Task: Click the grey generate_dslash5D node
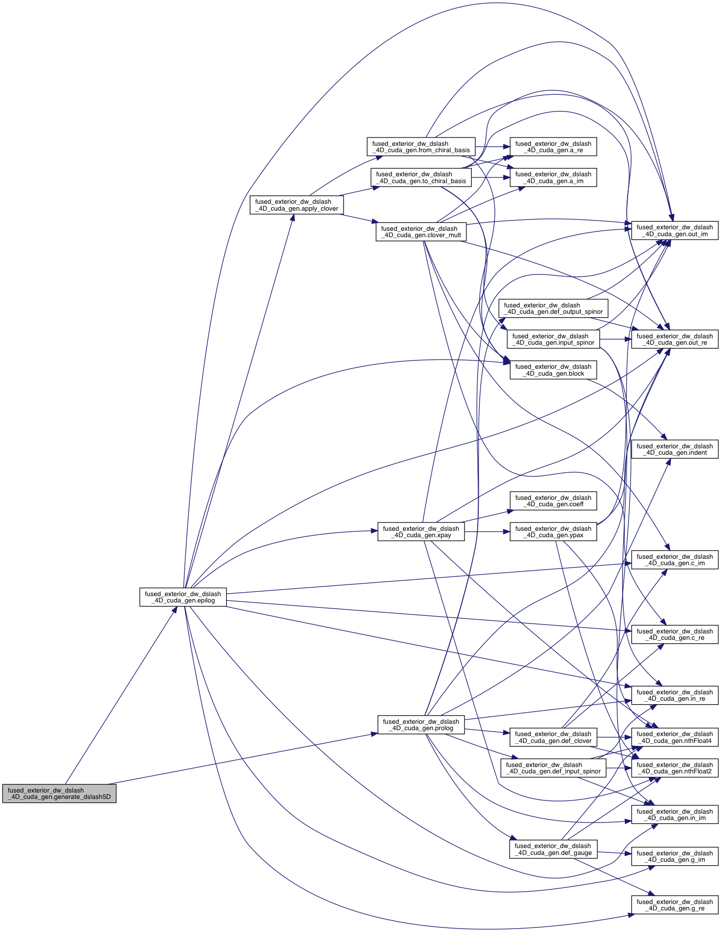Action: coord(59,794)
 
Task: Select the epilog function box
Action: coord(183,597)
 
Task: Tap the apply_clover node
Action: coord(296,205)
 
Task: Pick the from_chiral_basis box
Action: coord(421,147)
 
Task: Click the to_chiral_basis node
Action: coord(421,177)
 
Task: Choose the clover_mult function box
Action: coord(421,232)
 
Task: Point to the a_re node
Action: coord(553,147)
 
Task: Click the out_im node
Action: coord(674,231)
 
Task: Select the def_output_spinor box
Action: coord(553,308)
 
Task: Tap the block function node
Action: coord(553,370)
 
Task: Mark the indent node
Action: coord(674,449)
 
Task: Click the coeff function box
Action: coord(553,501)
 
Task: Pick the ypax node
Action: coord(553,532)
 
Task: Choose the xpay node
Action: coord(421,532)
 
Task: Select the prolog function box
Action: coord(421,725)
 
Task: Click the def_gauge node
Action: coord(553,849)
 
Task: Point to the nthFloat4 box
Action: coord(674,737)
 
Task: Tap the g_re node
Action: coord(674,905)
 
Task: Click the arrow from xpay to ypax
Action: coord(487,532)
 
